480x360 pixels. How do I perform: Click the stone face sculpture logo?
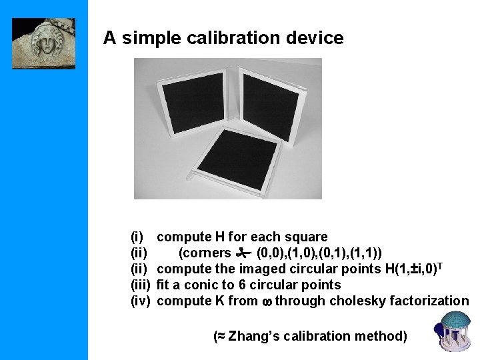(x=43, y=43)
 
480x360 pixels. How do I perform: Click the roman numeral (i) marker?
(x=137, y=237)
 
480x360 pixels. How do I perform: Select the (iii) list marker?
(x=140, y=285)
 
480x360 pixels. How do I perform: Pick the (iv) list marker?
(x=140, y=301)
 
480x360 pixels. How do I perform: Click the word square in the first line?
(x=306, y=237)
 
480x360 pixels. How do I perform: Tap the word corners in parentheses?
(x=205, y=253)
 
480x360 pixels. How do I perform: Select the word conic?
(x=193, y=285)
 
